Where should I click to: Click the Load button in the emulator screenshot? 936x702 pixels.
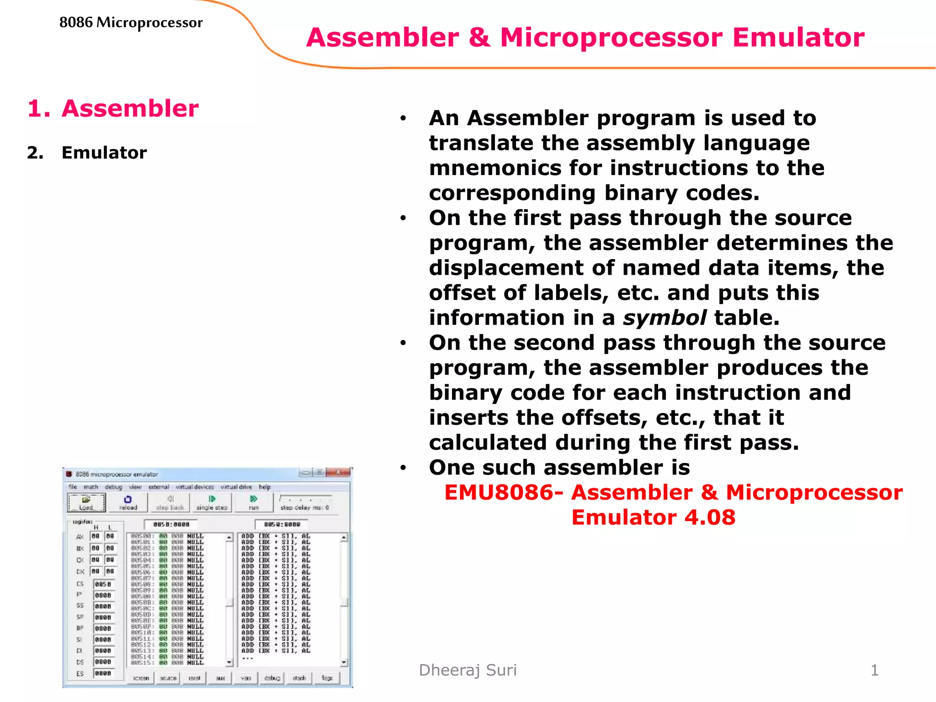pyautogui.click(x=86, y=503)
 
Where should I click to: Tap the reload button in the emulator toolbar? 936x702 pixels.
pyautogui.click(x=128, y=503)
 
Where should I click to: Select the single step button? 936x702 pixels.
pyautogui.click(x=212, y=503)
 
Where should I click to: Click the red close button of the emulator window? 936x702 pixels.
pyautogui.click(x=339, y=472)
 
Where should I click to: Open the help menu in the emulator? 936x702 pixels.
pyautogui.click(x=265, y=487)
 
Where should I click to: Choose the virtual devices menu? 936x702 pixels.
pyautogui.click(x=195, y=487)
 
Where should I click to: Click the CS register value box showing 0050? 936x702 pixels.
pyautogui.click(x=103, y=584)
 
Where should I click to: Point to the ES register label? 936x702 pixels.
pyautogui.click(x=80, y=674)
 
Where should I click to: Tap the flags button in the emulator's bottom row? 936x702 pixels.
pyautogui.click(x=327, y=678)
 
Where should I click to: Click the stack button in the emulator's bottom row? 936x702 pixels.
pyautogui.click(x=299, y=678)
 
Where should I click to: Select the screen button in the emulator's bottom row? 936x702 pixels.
pyautogui.click(x=141, y=678)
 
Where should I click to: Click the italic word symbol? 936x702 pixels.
pyautogui.click(x=665, y=318)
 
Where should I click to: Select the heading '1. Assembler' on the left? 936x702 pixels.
pyautogui.click(x=113, y=108)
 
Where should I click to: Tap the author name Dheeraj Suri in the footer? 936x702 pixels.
pyautogui.click(x=468, y=670)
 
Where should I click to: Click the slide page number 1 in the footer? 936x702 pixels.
pyautogui.click(x=874, y=670)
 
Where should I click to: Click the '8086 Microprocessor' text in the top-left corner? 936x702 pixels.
pyautogui.click(x=131, y=22)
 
